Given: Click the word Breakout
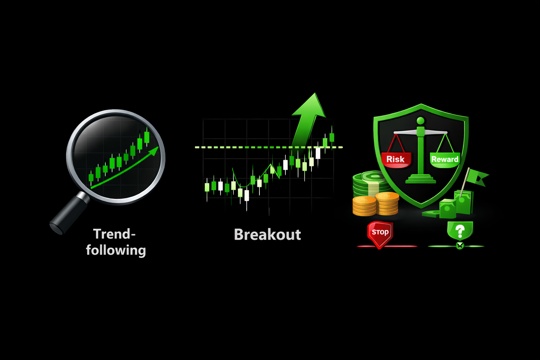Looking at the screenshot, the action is pos(267,234).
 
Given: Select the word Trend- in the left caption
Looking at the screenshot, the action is pos(114,234).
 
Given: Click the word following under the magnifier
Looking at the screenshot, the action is pos(116,250).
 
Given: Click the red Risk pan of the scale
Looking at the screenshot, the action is pos(396,160).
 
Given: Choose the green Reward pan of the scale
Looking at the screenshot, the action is pos(445,160).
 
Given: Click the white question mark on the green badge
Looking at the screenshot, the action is pos(460,231).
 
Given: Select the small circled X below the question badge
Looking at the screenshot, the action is pos(460,246).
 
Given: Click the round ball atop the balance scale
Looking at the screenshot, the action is pos(421,121).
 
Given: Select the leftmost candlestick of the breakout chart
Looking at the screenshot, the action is pos(207,188).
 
